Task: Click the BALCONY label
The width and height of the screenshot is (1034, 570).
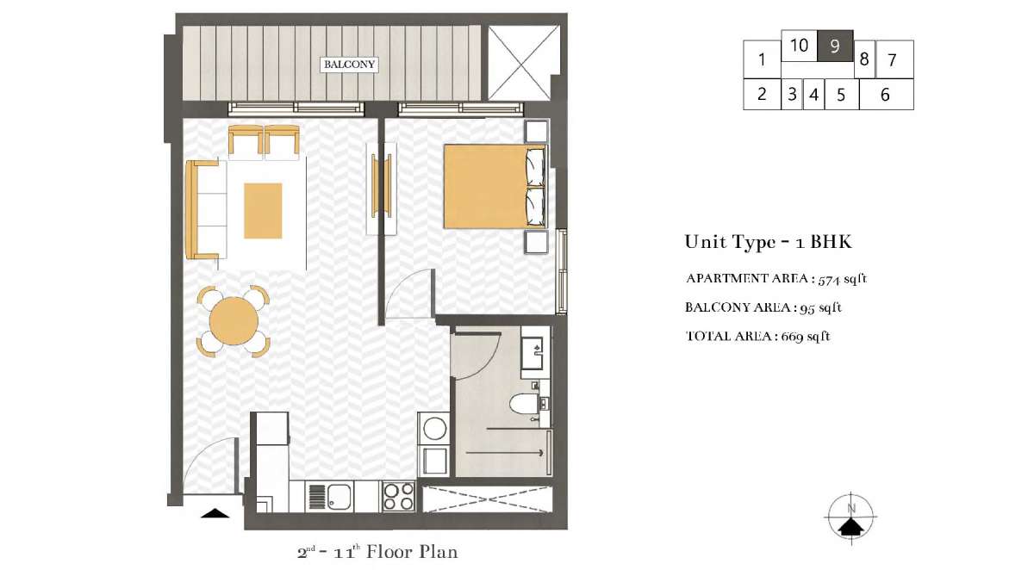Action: click(349, 64)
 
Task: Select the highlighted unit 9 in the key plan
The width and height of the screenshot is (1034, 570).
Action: click(835, 46)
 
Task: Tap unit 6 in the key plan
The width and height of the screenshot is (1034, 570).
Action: click(886, 95)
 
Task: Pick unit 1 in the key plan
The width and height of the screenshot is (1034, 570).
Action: click(762, 59)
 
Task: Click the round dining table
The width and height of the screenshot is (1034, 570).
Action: click(234, 321)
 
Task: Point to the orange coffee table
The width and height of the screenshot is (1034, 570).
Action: click(263, 211)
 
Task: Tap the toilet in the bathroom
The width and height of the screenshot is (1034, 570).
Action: click(524, 404)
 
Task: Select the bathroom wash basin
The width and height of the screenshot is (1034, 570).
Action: click(535, 352)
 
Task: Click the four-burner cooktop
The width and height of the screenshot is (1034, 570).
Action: click(399, 496)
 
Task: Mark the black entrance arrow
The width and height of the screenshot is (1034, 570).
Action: click(215, 513)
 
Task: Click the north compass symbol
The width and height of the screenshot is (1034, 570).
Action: click(850, 517)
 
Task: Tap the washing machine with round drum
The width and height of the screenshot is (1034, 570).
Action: click(434, 429)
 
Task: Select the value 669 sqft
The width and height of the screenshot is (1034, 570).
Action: click(806, 336)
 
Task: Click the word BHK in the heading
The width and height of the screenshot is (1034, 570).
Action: click(831, 242)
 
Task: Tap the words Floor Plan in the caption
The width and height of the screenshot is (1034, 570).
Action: click(412, 552)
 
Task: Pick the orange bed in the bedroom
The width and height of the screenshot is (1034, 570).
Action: click(495, 186)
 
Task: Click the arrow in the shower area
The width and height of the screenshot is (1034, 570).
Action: click(504, 453)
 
